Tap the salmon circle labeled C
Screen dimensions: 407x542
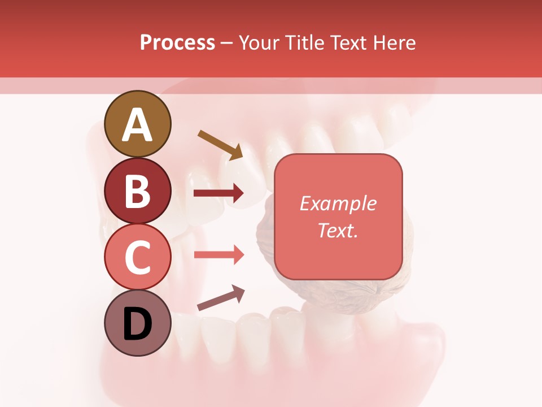138,257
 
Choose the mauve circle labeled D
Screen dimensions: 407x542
138,323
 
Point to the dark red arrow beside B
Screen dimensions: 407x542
218,193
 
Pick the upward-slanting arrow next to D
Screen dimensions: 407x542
221,298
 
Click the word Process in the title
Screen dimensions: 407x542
177,42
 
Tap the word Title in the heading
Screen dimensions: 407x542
303,42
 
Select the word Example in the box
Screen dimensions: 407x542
338,203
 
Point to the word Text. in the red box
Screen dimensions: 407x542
338,230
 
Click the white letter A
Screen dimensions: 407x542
138,125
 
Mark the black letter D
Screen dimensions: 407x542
138,324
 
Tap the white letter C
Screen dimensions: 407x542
138,258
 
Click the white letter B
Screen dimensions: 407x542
138,192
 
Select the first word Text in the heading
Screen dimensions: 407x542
346,42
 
